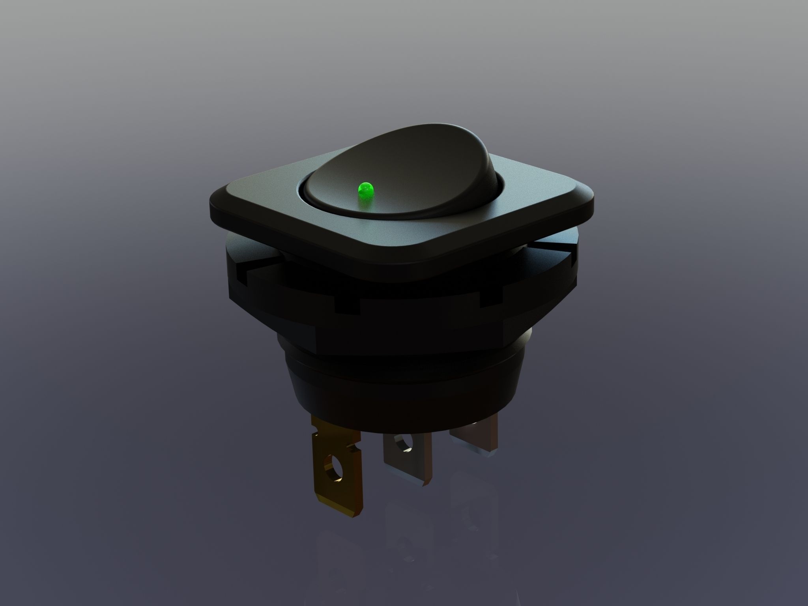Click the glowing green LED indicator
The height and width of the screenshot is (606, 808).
(365, 193)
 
